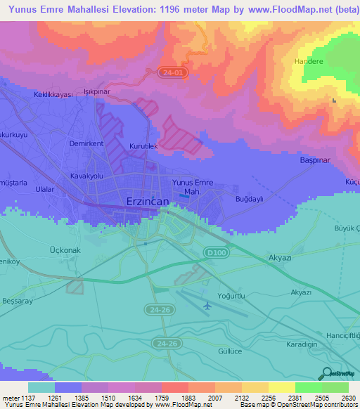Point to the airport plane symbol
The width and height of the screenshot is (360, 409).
click(x=207, y=306)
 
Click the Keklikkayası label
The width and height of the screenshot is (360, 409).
click(x=54, y=94)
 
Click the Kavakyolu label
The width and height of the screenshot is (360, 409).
click(x=87, y=176)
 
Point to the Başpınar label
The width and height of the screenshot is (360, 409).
click(x=315, y=160)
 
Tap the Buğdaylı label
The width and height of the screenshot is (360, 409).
click(x=248, y=199)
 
